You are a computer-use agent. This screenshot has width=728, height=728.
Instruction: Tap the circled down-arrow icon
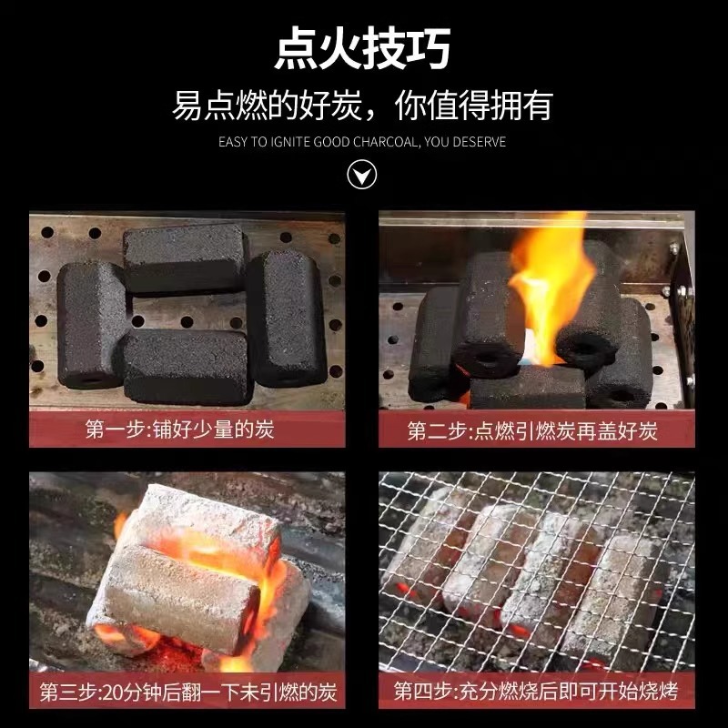click(363, 174)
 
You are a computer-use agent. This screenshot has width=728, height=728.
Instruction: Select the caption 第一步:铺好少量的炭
click(179, 430)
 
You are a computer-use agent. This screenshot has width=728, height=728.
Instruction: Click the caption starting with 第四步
click(536, 693)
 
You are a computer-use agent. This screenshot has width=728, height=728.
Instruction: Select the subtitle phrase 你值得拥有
click(473, 106)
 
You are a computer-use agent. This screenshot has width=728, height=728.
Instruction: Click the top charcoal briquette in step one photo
click(186, 258)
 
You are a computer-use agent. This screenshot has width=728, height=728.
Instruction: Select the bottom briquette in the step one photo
click(187, 366)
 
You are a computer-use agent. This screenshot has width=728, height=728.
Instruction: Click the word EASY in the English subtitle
click(234, 142)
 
